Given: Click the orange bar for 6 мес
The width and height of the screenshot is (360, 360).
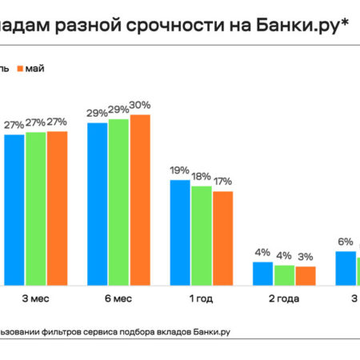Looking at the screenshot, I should coord(140,200).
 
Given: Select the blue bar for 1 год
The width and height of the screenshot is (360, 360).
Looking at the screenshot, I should coord(180,232).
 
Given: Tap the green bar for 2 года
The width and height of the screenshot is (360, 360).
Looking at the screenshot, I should coord(284,274).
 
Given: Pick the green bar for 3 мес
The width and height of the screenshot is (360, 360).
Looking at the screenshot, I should coord(36,208).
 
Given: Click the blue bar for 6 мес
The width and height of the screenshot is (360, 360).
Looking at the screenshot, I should coord(98,204).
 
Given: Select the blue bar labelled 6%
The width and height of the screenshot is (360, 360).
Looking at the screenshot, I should coord(346,268).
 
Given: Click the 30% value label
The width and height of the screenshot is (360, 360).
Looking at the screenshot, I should coord(141,106).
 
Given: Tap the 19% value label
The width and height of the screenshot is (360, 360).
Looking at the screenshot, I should coord(179,170).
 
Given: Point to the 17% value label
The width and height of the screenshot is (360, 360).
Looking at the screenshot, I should coord(222,182).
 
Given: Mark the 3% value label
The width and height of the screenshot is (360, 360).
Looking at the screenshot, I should coord(306,257).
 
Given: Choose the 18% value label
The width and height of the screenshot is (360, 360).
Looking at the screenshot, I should coord(201,176).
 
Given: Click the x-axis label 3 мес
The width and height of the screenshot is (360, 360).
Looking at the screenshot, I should coord(36,298).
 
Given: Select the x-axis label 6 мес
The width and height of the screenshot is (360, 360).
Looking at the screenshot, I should coord(119,298).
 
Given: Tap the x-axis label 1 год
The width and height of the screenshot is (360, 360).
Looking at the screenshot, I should coord(202,298).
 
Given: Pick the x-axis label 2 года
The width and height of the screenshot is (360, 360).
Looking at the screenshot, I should coord(284,298).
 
